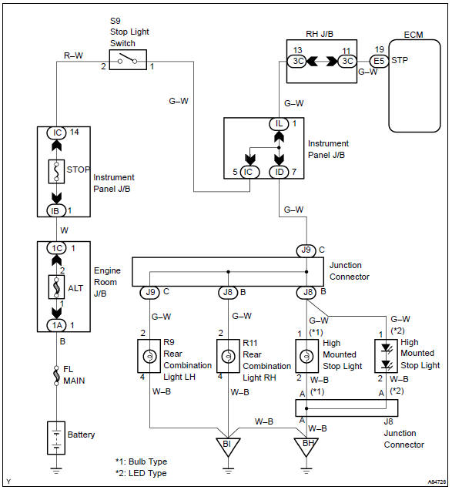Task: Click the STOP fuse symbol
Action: point(57,169)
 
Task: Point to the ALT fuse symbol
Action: point(57,287)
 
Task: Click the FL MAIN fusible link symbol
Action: point(57,373)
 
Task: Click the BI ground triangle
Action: point(229,445)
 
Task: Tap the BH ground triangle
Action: point(306,445)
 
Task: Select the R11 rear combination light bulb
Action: point(229,357)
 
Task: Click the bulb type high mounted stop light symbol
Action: point(306,357)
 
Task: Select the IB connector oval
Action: point(57,210)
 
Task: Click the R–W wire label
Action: point(74,55)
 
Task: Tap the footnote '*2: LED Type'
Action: point(141,472)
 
